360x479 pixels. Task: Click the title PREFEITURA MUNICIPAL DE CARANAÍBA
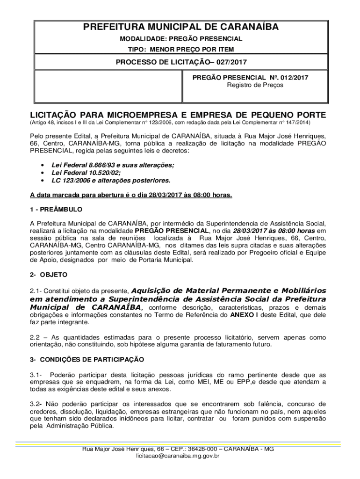pyautogui.click(x=180, y=27)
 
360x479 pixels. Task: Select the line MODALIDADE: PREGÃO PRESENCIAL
pyautogui.click(x=180, y=39)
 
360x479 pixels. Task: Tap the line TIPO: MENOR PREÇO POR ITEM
pyautogui.click(x=180, y=49)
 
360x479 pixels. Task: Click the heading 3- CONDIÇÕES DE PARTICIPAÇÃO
pyautogui.click(x=87, y=359)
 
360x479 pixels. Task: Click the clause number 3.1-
pyautogui.click(x=37, y=375)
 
